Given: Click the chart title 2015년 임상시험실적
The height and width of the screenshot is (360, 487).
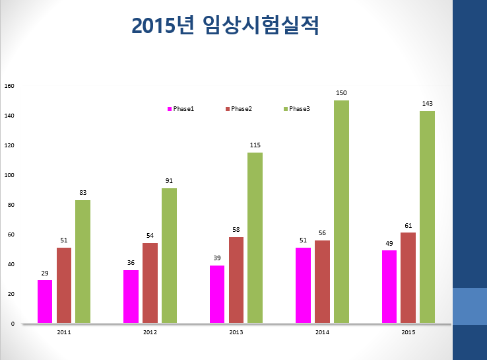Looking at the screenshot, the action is pyautogui.click(x=225, y=25).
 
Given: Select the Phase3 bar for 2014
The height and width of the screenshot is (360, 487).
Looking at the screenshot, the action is pyautogui.click(x=341, y=212).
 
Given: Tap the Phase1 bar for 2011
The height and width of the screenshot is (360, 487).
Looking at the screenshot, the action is pyautogui.click(x=45, y=302).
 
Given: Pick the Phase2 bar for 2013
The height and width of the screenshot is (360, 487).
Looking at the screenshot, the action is pyautogui.click(x=236, y=280).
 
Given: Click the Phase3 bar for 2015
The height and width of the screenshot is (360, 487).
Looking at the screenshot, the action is pyautogui.click(x=428, y=217).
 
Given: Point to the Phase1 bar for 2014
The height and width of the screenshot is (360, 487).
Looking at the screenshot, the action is pyautogui.click(x=303, y=285).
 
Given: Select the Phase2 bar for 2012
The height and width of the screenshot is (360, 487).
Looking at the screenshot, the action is pyautogui.click(x=150, y=283).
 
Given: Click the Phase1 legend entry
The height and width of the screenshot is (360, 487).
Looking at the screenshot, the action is pyautogui.click(x=181, y=109).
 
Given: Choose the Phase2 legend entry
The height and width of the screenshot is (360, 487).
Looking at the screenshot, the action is pyautogui.click(x=239, y=109).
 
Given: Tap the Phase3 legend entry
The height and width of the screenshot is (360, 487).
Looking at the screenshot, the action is pyautogui.click(x=297, y=109).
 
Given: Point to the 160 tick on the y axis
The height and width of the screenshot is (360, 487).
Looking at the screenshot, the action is pyautogui.click(x=9, y=86).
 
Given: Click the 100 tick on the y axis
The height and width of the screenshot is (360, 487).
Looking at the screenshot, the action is pyautogui.click(x=9, y=175).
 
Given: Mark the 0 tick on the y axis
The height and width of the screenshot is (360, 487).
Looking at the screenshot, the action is pyautogui.click(x=13, y=324).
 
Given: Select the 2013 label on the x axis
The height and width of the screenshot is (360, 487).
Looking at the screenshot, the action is pyautogui.click(x=236, y=332).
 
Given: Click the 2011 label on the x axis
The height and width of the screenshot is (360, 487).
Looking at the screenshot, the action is pyautogui.click(x=64, y=332).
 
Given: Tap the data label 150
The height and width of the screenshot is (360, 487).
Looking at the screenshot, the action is pyautogui.click(x=341, y=93).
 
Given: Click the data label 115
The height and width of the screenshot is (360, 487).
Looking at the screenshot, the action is pyautogui.click(x=255, y=145).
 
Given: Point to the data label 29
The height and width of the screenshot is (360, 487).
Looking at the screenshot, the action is pyautogui.click(x=45, y=273).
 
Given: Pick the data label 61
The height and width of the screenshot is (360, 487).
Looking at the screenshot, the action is pyautogui.click(x=408, y=226).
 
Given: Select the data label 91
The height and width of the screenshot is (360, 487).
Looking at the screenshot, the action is pyautogui.click(x=169, y=181).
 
